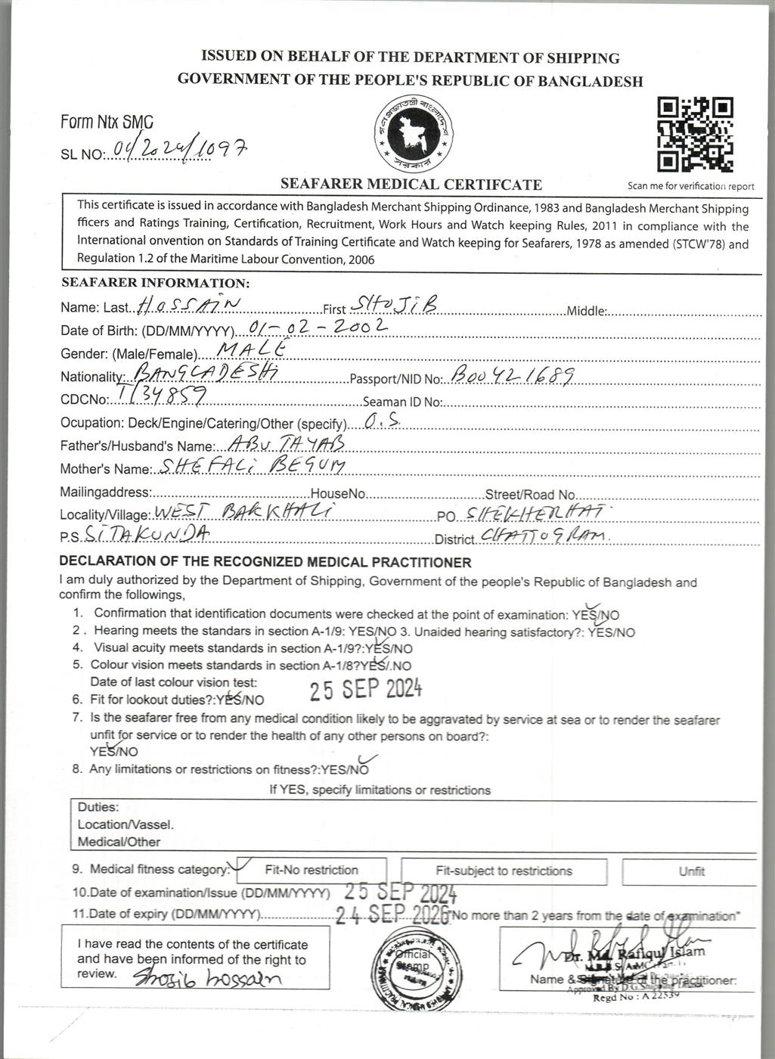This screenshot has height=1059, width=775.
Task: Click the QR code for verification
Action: tap(694, 135)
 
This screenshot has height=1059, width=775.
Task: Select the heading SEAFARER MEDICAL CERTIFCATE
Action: tap(411, 184)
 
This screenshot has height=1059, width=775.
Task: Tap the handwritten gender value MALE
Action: tap(251, 349)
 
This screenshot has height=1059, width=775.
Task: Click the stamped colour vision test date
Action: tap(366, 689)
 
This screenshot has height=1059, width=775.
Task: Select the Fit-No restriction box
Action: tap(312, 870)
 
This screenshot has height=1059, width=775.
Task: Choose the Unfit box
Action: tap(690, 871)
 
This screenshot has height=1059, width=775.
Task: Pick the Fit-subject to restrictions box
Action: tap(504, 871)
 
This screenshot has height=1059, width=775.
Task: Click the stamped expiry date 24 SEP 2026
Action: tap(392, 915)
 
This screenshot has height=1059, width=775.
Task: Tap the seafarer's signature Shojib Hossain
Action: tap(207, 977)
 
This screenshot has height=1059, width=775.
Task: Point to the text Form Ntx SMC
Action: tap(107, 122)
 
